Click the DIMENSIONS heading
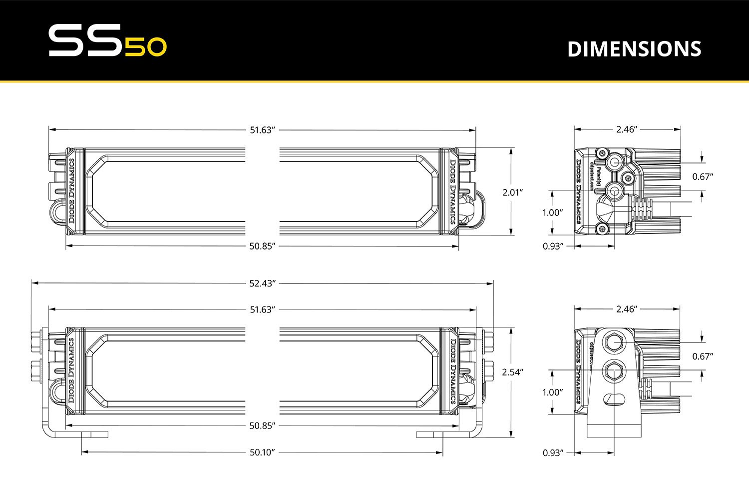pyautogui.click(x=634, y=49)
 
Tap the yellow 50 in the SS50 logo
pyautogui.click(x=145, y=47)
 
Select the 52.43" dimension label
pyautogui.click(x=262, y=283)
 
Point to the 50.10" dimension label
pyautogui.click(x=262, y=452)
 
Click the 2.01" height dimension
pyautogui.click(x=512, y=192)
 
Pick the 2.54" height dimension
pyautogui.click(x=512, y=372)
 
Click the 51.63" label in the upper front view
pyautogui.click(x=262, y=130)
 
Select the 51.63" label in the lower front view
pyautogui.click(x=262, y=309)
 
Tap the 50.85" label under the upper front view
pyautogui.click(x=262, y=246)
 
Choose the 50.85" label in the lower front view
pyautogui.click(x=262, y=425)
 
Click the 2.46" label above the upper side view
pyautogui.click(x=627, y=129)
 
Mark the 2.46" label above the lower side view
pyautogui.click(x=627, y=309)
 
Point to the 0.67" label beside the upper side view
pyautogui.click(x=703, y=176)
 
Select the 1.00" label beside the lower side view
pyautogui.click(x=553, y=392)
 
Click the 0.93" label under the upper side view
pyautogui.click(x=553, y=246)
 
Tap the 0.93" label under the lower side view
pyautogui.click(x=553, y=453)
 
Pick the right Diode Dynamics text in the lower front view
pyautogui.click(x=453, y=371)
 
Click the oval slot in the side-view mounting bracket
pyautogui.click(x=614, y=399)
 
